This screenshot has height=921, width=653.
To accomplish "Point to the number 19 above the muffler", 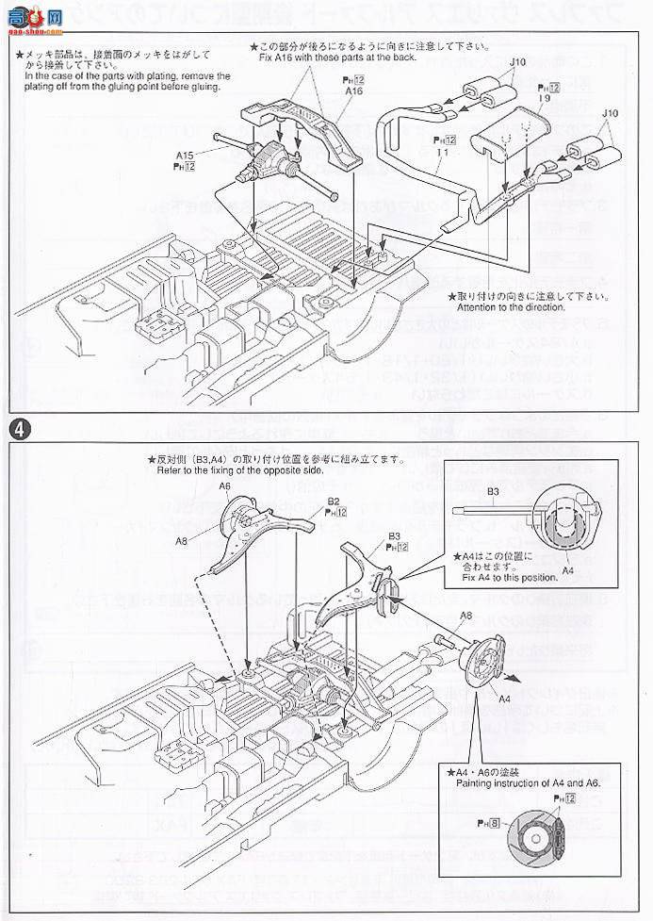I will pos(545,97).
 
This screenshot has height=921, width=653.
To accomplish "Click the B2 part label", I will pos(334,501).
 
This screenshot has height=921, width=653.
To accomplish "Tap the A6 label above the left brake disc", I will pos(224,485).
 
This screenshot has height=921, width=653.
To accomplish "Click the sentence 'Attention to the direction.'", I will pos(511,307).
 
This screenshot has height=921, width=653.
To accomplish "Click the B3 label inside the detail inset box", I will pos(493,491).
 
